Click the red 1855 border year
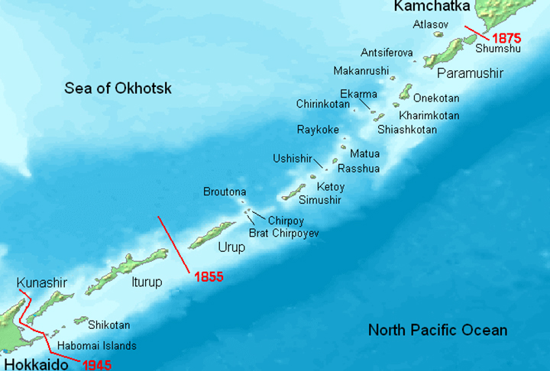click(208, 277)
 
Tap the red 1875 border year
click(506, 37)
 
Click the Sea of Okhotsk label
click(118, 89)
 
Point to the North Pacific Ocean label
click(437, 331)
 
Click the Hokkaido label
click(33, 364)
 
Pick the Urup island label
click(231, 247)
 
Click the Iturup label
click(145, 282)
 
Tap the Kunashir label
click(41, 283)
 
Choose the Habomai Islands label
click(97, 345)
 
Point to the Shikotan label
click(109, 324)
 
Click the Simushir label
click(319, 200)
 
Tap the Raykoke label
click(317, 130)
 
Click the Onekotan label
click(436, 98)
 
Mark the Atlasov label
click(430, 24)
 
